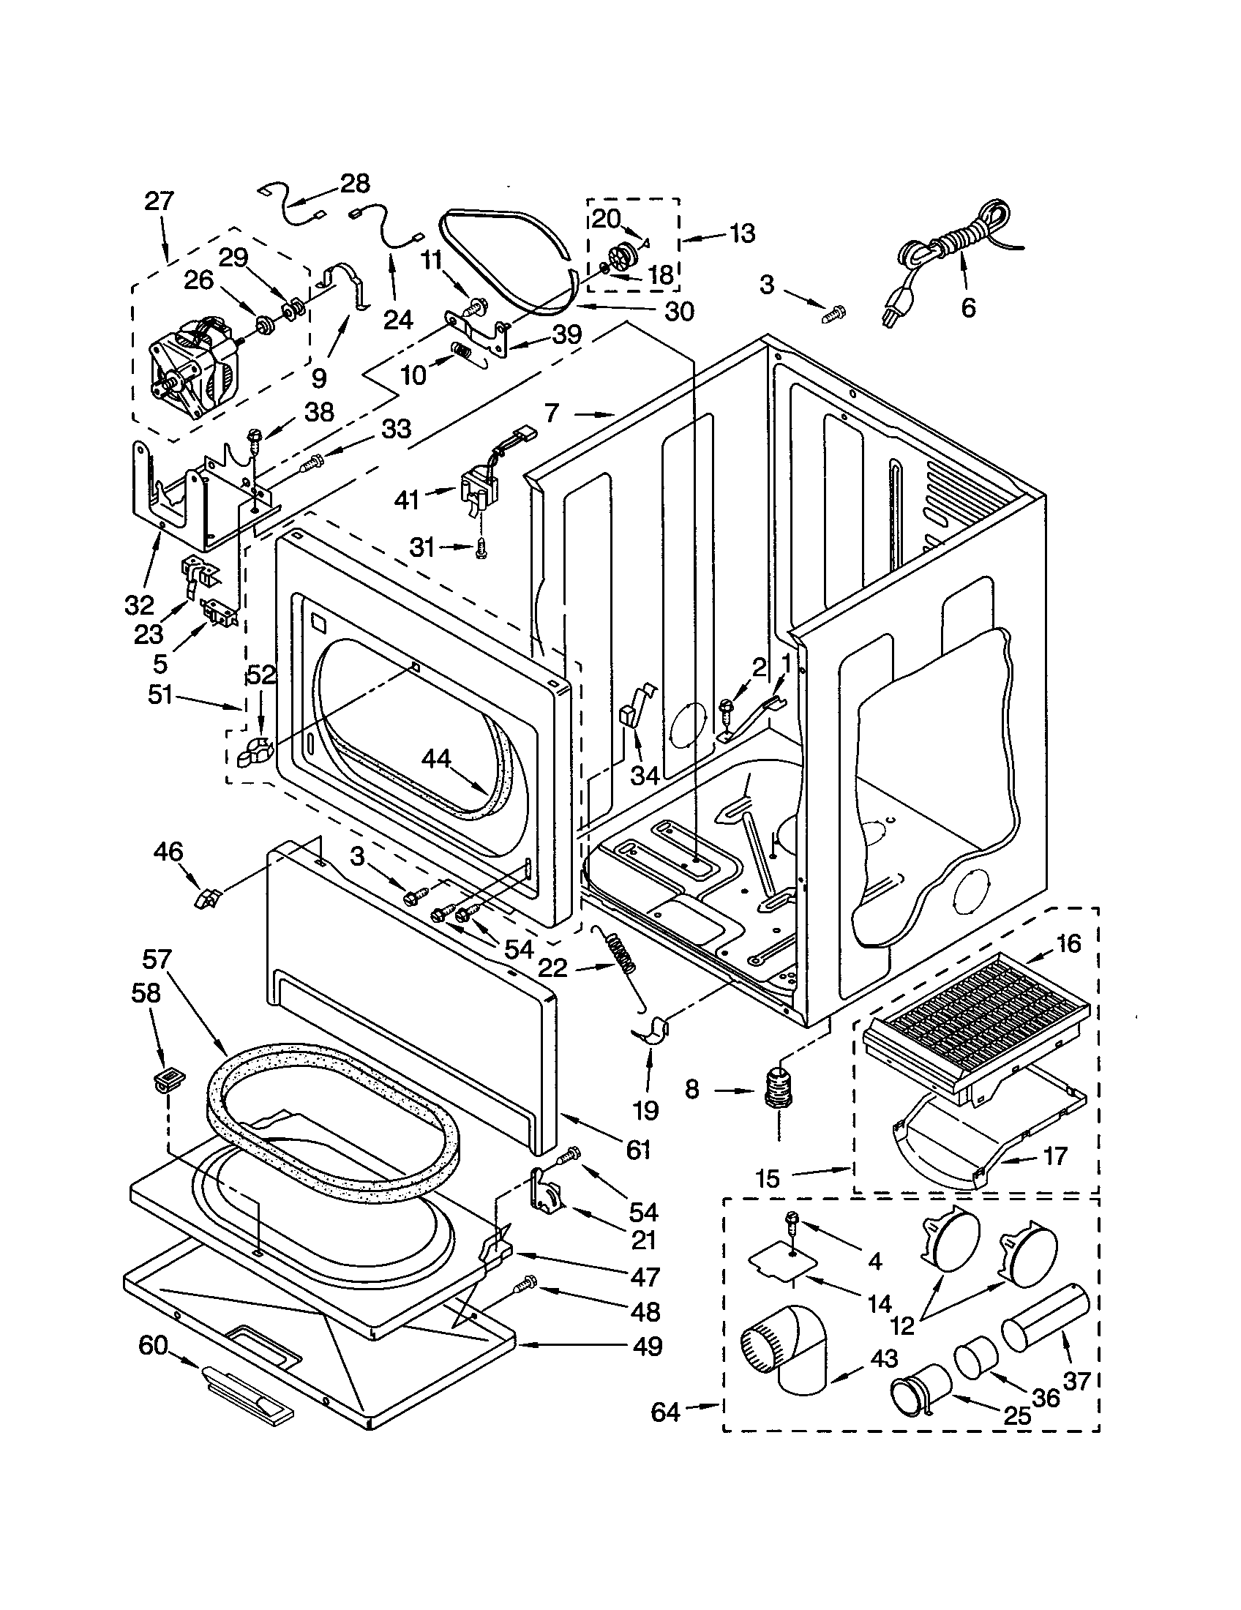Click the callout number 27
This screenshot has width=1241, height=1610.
click(159, 201)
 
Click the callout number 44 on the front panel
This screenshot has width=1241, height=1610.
click(438, 760)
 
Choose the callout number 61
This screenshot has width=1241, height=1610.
click(638, 1149)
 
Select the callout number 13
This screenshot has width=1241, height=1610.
click(742, 233)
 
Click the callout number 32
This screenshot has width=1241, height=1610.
click(139, 606)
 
